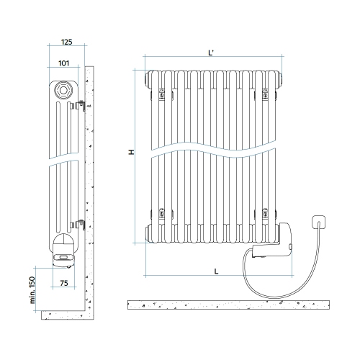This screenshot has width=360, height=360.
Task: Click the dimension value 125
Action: click(x=66, y=41)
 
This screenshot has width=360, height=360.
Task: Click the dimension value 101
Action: click(x=63, y=63)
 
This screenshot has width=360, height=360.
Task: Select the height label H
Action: click(x=131, y=153)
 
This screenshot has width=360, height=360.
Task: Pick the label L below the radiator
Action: click(x=217, y=271)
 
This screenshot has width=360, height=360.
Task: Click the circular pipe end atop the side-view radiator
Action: click(x=63, y=89)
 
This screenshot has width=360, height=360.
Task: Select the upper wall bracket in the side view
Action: click(x=81, y=106)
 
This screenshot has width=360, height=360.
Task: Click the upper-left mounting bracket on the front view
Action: click(x=162, y=94)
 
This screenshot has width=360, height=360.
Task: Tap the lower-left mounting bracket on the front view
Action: click(x=162, y=213)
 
